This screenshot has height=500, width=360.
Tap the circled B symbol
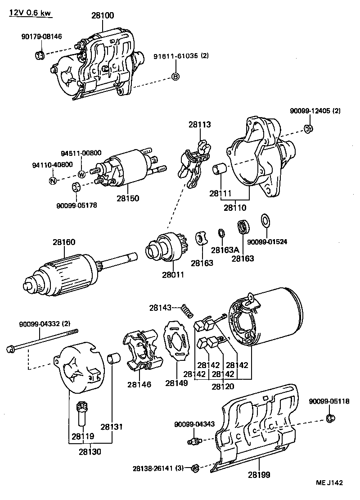pyautogui.click(x=175, y=77)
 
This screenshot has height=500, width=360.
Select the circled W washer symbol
pyautogui.click(x=81, y=174)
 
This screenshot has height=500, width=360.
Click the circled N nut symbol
pyautogui.click(x=53, y=181)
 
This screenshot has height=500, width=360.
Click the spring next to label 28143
pyautogui.click(x=186, y=310)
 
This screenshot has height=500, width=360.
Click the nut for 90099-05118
pyautogui.click(x=330, y=419)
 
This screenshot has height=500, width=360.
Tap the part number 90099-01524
pyautogui.click(x=267, y=242)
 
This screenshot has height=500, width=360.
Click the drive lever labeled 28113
pyautogui.click(x=193, y=162)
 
